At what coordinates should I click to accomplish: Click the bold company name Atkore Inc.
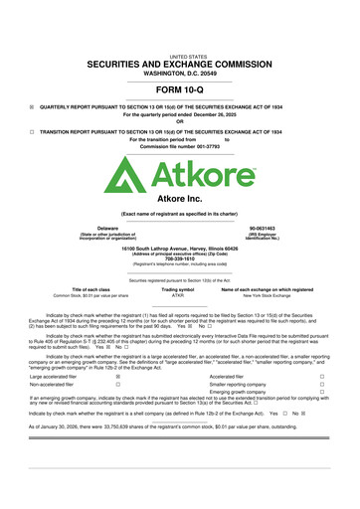pos(180,199)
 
